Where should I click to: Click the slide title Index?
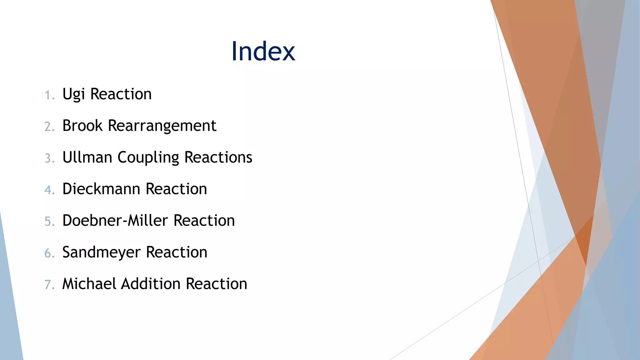(263, 52)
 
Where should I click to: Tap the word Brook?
(82, 126)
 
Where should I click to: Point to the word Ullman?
(87, 157)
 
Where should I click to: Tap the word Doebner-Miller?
(115, 221)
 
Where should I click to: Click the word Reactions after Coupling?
(218, 157)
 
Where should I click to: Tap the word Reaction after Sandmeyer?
(177, 252)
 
